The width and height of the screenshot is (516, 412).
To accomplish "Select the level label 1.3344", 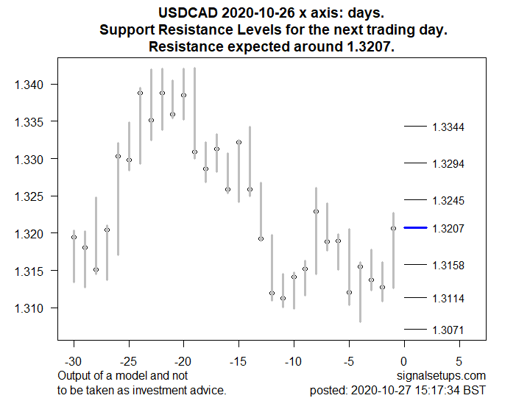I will (x=448, y=127).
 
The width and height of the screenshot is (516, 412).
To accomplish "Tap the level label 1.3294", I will (x=448, y=163).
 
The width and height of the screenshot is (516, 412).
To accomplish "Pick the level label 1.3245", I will (x=448, y=200).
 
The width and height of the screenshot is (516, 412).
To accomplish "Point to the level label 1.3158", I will (x=448, y=265).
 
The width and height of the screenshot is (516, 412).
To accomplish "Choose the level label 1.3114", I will (x=448, y=298).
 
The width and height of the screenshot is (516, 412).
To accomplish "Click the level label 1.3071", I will (x=448, y=330).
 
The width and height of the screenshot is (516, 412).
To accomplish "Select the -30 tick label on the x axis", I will (x=74, y=362).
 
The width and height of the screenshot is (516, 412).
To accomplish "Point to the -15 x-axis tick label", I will (x=238, y=362).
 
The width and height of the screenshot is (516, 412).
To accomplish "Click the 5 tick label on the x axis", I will (x=459, y=362).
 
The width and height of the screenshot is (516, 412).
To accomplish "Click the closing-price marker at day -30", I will (x=74, y=237).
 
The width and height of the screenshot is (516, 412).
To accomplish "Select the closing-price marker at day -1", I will (x=393, y=228).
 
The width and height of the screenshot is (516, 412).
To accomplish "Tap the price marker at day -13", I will (x=261, y=238).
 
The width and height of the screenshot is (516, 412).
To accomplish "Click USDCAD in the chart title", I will (x=185, y=13).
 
